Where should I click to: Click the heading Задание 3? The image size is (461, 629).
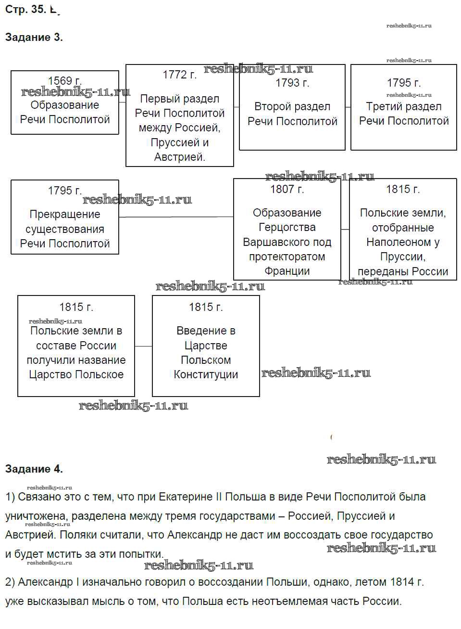coord(34,37)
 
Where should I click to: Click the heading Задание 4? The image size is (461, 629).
coord(34,469)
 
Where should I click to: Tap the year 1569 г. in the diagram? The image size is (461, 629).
coord(65,81)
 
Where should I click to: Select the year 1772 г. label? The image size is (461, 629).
coord(180,75)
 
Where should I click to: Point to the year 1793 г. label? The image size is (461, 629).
coord(292,83)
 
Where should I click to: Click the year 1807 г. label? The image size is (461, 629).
coord(287,189)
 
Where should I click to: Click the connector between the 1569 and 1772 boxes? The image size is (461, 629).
coord(122,102)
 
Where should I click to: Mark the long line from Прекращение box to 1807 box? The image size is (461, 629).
coord(176,217)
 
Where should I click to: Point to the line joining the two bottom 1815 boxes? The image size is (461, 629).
coord(143,346)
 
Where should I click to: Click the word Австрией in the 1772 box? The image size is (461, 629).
coord(179,157)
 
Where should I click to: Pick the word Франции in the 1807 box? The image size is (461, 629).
coord(287,271)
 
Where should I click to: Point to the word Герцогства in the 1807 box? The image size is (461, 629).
coord(287,227)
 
